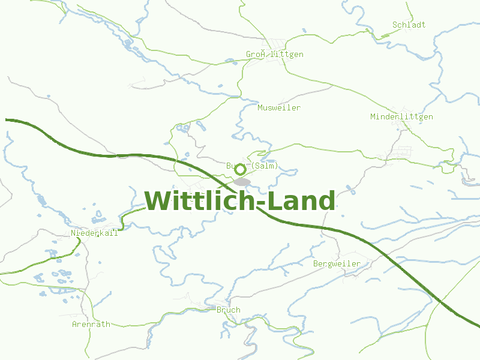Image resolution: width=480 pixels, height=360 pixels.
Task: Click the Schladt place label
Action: point(409,25)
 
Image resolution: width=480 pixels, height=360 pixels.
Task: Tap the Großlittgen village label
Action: point(274,55)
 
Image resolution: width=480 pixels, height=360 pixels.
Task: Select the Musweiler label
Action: point(278,108)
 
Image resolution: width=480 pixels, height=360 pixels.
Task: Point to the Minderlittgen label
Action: point(401,117)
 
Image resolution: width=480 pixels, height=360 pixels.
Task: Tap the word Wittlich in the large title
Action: point(200,201)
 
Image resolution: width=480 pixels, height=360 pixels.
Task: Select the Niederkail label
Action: point(94,233)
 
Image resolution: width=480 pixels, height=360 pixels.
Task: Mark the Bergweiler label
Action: point(337,264)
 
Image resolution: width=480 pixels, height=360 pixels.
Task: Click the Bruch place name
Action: point(228,310)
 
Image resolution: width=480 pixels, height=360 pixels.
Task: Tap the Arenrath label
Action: point(91,324)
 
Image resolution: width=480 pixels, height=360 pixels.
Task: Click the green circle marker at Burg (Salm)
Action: point(240,170)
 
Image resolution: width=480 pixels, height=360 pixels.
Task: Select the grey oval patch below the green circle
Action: point(242,181)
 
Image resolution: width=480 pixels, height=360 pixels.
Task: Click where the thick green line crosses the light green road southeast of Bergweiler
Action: point(441,301)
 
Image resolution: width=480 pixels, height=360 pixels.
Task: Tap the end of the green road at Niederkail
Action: point(122,228)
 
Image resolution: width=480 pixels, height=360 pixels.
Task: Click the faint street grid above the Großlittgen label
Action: point(278,43)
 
